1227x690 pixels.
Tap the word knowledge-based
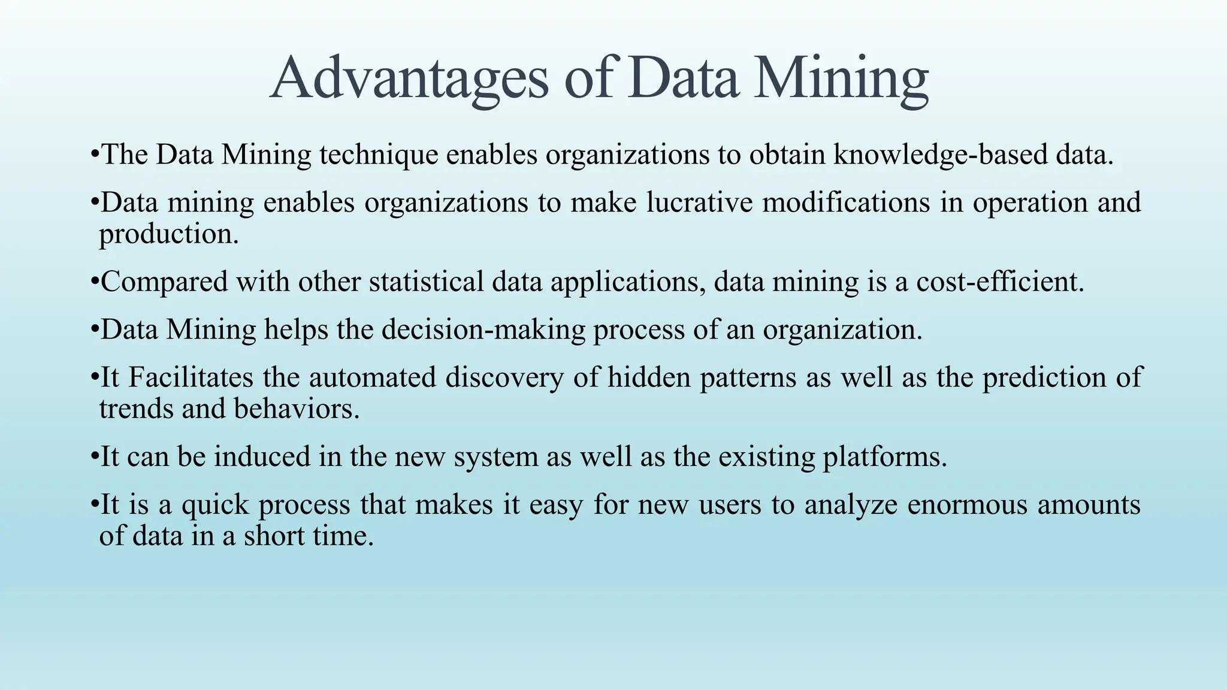[940, 155]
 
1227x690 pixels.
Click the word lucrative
[699, 202]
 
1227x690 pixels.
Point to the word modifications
[846, 202]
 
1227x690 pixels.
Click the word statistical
[426, 282]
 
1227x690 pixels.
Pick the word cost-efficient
[1000, 282]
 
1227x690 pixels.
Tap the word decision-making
[483, 329]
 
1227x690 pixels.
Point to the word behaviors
[297, 409]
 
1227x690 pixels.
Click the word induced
[262, 456]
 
